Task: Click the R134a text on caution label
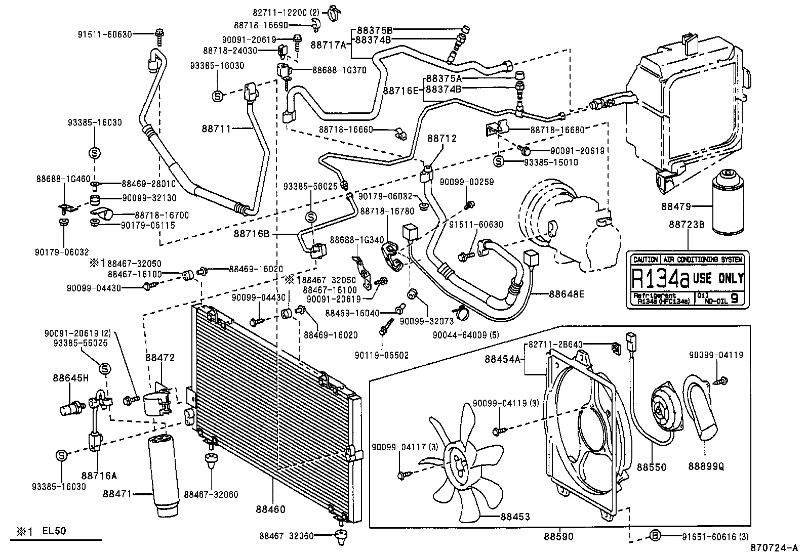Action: click(660, 278)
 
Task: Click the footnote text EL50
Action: click(54, 531)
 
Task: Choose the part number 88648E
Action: click(566, 293)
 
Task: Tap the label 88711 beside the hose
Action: click(218, 129)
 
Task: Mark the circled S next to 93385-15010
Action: click(499, 161)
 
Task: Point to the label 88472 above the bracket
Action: click(160, 358)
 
